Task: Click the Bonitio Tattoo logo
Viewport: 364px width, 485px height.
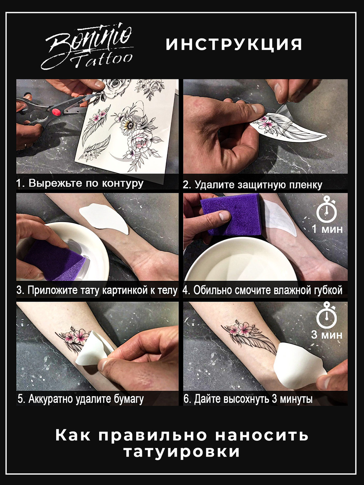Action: pyautogui.click(x=87, y=46)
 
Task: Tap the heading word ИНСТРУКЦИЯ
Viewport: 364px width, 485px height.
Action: pyautogui.click(x=234, y=44)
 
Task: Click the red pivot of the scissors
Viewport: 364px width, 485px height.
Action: pyautogui.click(x=57, y=113)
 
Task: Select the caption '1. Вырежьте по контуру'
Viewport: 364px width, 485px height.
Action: pyautogui.click(x=80, y=183)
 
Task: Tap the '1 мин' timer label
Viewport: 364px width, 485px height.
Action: pyautogui.click(x=327, y=229)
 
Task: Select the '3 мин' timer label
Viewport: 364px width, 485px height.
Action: pyautogui.click(x=327, y=335)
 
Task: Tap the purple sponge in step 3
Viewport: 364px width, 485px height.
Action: pyautogui.click(x=55, y=261)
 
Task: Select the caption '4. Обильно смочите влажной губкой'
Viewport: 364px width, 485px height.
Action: pyautogui.click(x=262, y=291)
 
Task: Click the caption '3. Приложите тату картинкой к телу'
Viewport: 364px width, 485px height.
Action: pyautogui.click(x=97, y=291)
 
